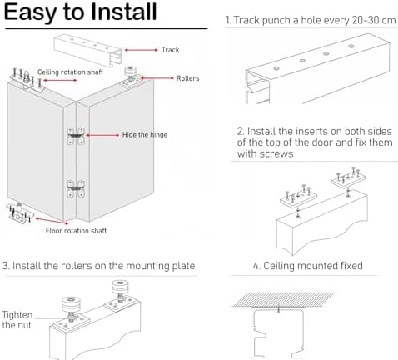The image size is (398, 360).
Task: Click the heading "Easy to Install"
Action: [80, 12]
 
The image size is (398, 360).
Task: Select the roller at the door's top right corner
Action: [130, 76]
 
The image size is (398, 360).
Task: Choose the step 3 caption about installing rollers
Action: [98, 266]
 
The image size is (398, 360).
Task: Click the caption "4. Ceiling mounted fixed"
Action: [308, 266]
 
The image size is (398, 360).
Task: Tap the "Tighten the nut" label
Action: [17, 320]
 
